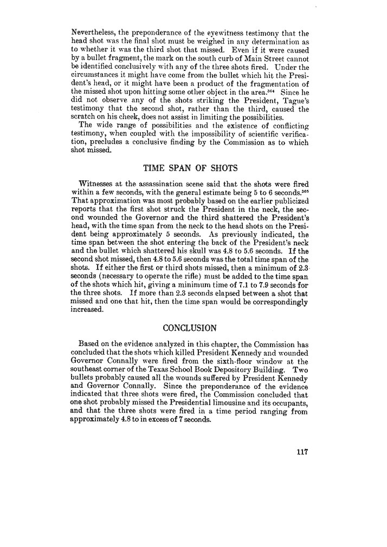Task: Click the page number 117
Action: (299, 454)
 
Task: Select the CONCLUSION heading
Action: (190, 328)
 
